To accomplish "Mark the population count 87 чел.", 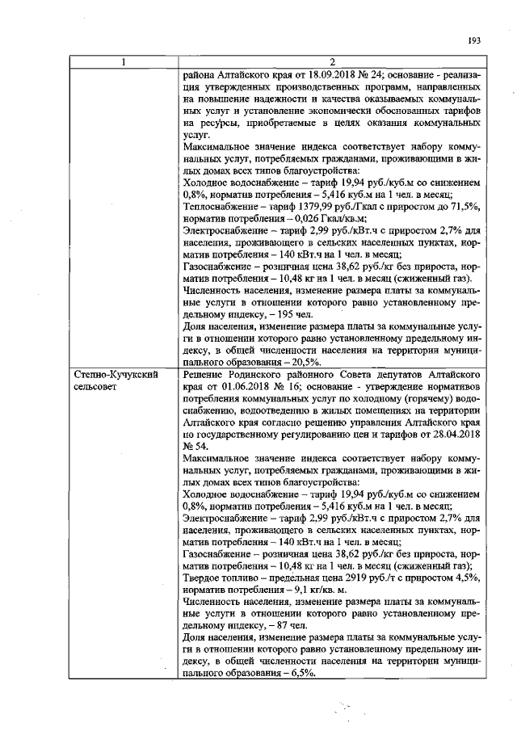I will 290,625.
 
